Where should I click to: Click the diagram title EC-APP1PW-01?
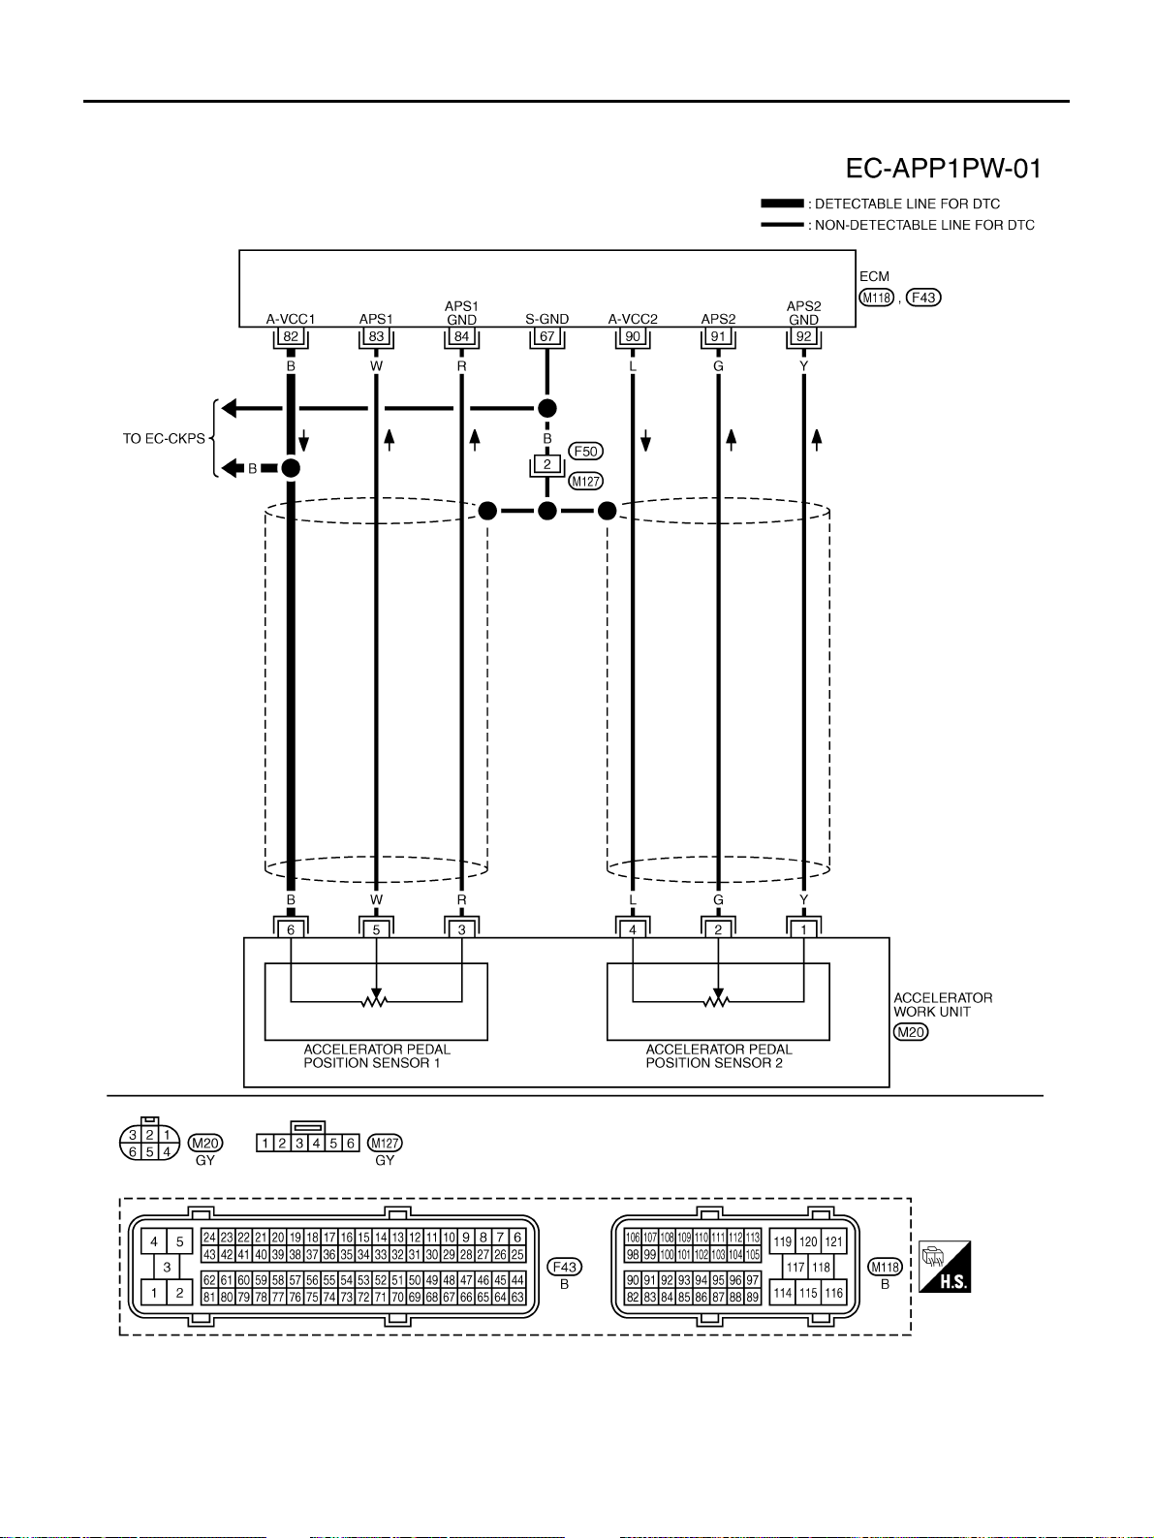[x=943, y=169]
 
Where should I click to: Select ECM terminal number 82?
[x=291, y=336]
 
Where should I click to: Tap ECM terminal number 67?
[x=546, y=336]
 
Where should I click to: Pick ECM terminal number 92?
[x=803, y=336]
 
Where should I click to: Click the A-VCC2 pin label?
[x=633, y=319]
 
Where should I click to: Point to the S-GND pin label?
[x=546, y=319]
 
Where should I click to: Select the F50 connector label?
[x=585, y=452]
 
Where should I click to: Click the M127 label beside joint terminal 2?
[x=585, y=482]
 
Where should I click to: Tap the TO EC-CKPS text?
[x=164, y=439]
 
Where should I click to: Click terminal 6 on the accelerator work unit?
[x=291, y=929]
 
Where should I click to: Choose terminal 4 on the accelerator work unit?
[x=633, y=929]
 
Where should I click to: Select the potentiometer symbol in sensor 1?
[x=376, y=1000]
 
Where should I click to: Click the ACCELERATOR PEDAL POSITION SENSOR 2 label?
[x=718, y=1056]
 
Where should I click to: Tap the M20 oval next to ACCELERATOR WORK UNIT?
[x=911, y=1032]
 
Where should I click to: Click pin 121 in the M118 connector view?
[x=833, y=1241]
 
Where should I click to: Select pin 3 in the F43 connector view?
[x=167, y=1267]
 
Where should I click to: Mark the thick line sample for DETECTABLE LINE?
[x=782, y=204]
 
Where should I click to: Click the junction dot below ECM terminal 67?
[x=546, y=408]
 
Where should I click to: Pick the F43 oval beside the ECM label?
[x=923, y=298]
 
